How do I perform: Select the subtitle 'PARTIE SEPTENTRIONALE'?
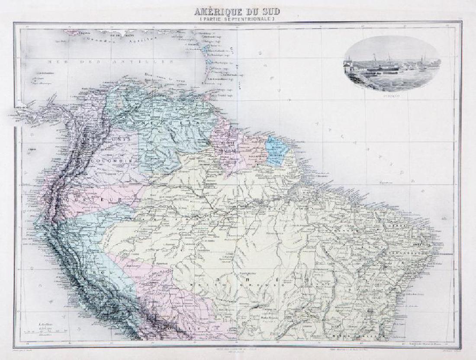point(238,19)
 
